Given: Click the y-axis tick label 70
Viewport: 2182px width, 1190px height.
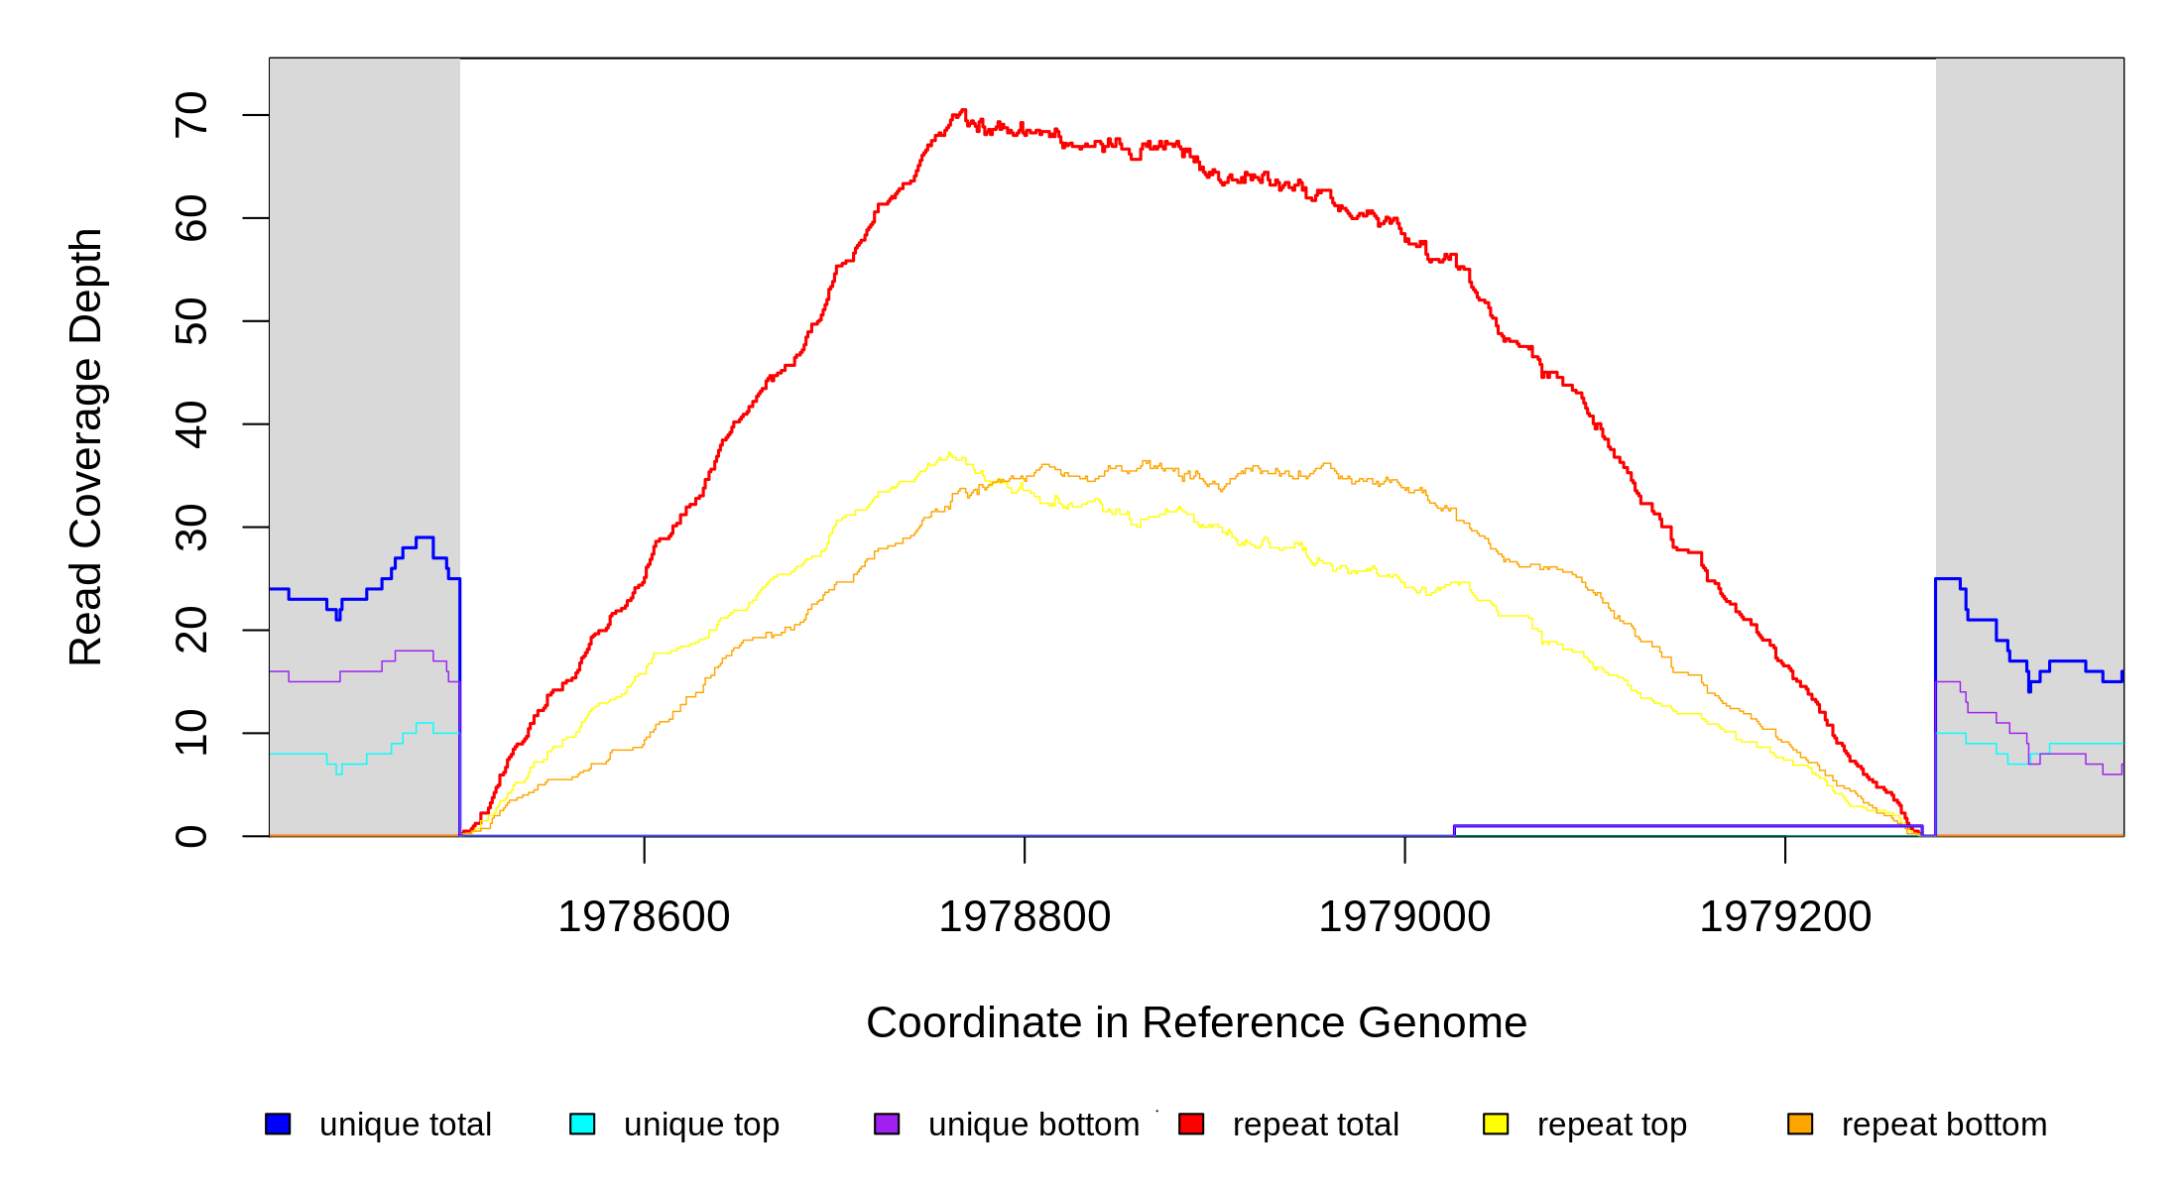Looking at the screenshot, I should pos(190,115).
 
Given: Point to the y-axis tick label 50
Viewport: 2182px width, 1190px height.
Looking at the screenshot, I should pos(190,321).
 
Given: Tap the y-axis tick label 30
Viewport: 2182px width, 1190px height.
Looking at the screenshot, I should pos(190,528).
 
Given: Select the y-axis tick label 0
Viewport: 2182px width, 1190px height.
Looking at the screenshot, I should pos(190,836).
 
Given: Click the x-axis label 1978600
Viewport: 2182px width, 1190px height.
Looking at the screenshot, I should pos(644,916).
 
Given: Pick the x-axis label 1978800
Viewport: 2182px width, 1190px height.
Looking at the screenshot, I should pos(1025,916).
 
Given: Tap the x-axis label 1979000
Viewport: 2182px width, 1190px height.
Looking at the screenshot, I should pos(1404,916).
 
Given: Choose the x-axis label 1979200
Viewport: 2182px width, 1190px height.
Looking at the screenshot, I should pos(1785,916).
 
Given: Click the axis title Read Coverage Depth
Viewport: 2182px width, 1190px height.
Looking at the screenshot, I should pos(85,446).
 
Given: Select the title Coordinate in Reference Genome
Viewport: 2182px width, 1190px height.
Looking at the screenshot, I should pos(1196,1022).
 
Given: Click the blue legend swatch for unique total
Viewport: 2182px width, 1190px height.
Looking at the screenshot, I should pos(278,1124).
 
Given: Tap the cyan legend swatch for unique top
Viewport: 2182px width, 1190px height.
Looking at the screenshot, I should pos(582,1124).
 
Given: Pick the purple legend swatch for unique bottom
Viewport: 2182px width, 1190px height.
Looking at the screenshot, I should pos(887,1124).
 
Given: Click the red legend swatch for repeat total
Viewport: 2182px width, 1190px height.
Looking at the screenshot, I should pos(1191,1124).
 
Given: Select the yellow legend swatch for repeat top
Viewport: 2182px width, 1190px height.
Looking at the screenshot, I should pos(1496,1124).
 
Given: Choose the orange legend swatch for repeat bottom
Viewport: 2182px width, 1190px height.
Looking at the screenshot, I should pos(1800,1124).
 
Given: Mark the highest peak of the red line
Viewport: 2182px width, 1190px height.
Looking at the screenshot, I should pos(962,110).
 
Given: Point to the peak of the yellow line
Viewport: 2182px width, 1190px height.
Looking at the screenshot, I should pos(950,453).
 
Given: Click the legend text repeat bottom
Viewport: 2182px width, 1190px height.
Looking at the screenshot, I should pos(1944,1125).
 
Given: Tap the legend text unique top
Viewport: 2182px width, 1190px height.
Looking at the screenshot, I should pos(701,1125).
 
